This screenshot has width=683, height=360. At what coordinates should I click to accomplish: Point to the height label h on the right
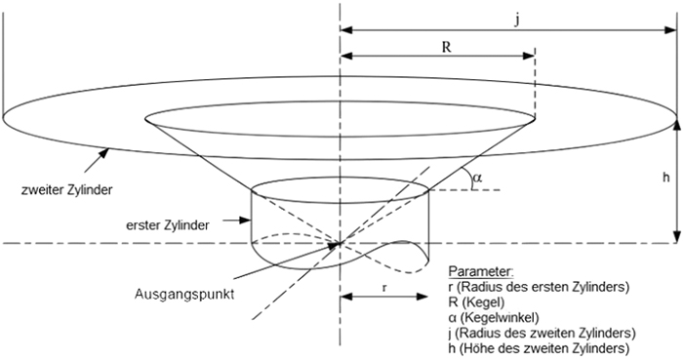pyautogui.click(x=664, y=179)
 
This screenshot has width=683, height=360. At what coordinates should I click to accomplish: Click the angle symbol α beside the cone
pyautogui.click(x=477, y=178)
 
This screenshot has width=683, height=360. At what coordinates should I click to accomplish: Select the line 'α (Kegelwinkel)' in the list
pyautogui.click(x=495, y=316)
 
